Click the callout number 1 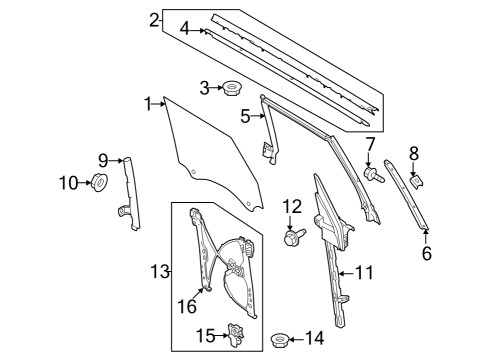pyautogui.click(x=145, y=103)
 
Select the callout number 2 pyautogui.click(x=154, y=20)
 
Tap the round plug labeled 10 pyautogui.click(x=100, y=182)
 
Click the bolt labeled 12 pyautogui.click(x=294, y=238)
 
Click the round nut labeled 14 pyautogui.click(x=282, y=340)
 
